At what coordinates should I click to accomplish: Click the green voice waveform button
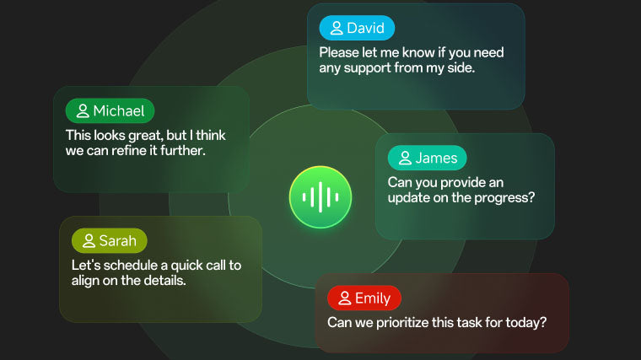click(x=320, y=197)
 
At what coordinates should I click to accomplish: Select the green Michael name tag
click(x=110, y=110)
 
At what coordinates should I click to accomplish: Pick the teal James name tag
click(x=427, y=158)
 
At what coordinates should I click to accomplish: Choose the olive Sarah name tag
click(x=109, y=241)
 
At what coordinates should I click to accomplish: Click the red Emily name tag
click(x=364, y=298)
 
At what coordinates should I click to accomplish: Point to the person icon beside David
click(x=337, y=28)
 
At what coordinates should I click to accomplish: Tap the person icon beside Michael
click(x=83, y=110)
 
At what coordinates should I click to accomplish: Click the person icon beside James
click(x=405, y=158)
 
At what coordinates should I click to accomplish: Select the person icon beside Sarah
click(x=89, y=241)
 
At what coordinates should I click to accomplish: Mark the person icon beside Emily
click(x=344, y=298)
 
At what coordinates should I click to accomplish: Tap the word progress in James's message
click(x=507, y=198)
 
